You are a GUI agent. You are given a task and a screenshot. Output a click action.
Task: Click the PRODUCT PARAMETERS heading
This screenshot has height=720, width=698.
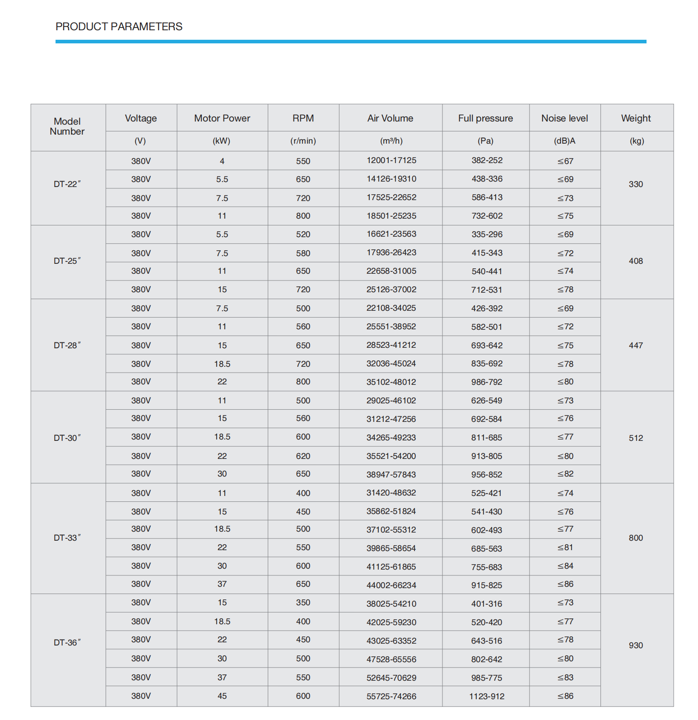[x=119, y=27]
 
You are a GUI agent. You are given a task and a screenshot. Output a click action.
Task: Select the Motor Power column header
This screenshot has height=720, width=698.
[x=222, y=118]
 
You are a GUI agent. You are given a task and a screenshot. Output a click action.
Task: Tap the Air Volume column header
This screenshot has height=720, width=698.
[x=390, y=118]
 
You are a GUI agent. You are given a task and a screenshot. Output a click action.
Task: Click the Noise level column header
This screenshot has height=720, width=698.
[x=564, y=118]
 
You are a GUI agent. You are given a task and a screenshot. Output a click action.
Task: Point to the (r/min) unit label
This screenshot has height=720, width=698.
[x=303, y=141]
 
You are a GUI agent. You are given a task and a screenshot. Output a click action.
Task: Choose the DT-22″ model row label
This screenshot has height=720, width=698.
[x=67, y=184]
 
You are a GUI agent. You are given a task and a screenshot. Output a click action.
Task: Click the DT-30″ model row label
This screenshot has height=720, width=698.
[x=67, y=438]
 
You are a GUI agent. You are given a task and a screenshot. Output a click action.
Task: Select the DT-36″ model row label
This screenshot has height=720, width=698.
[x=67, y=642]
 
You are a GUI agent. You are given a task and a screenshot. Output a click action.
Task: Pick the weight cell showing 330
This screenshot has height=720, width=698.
[x=636, y=184]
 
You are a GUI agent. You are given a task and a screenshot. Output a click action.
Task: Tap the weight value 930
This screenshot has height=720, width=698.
[x=636, y=645]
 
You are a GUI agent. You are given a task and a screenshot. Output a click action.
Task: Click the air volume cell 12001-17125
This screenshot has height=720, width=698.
[x=391, y=160]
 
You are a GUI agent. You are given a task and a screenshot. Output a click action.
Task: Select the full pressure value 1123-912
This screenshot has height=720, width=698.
[x=487, y=697]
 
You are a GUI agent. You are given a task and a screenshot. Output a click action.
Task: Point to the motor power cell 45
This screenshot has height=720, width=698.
[x=222, y=696]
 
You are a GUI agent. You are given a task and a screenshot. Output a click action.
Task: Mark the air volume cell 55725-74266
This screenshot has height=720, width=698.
[x=391, y=697]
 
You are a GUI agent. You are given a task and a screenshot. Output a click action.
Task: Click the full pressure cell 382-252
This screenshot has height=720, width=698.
[x=487, y=160]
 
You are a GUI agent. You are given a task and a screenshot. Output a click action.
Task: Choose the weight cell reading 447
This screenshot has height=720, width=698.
[x=636, y=346]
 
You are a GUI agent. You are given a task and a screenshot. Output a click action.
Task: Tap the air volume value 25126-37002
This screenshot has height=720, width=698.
[x=391, y=290]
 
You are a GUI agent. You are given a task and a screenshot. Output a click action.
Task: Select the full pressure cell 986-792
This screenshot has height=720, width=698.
[x=487, y=382]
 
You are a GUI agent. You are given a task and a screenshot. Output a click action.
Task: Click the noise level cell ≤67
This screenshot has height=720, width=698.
[x=565, y=161]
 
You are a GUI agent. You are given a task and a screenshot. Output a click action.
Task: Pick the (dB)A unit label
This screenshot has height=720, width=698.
[x=564, y=141]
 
